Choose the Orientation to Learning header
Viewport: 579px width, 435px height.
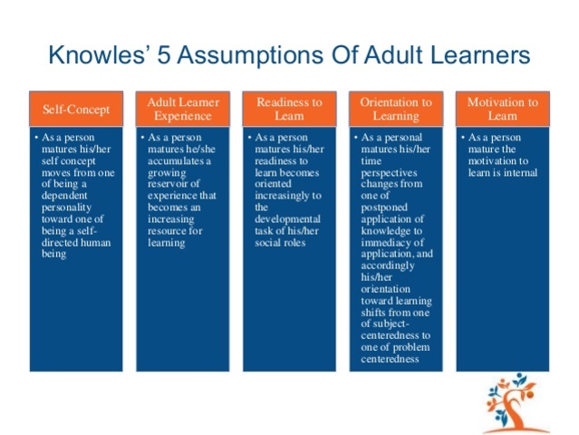395,110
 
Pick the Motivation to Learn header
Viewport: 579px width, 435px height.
502,110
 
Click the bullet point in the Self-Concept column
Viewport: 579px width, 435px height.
34,137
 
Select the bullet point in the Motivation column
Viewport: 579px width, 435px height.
461,137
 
